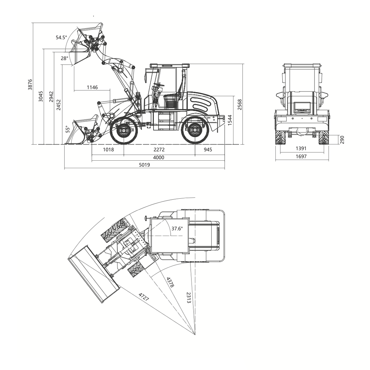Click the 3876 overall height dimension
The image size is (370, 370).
(x=30, y=85)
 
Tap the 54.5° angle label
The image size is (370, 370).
(x=61, y=37)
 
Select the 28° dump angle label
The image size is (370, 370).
(x=64, y=58)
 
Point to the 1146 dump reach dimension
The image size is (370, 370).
(x=92, y=87)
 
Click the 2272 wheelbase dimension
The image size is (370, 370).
(x=159, y=150)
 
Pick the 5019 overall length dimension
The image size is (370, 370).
(x=145, y=165)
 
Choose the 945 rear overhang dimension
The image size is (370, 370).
(x=208, y=150)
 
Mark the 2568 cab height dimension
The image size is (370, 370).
(x=239, y=104)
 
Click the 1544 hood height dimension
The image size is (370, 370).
(x=230, y=120)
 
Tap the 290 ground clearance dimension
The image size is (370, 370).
(x=342, y=140)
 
